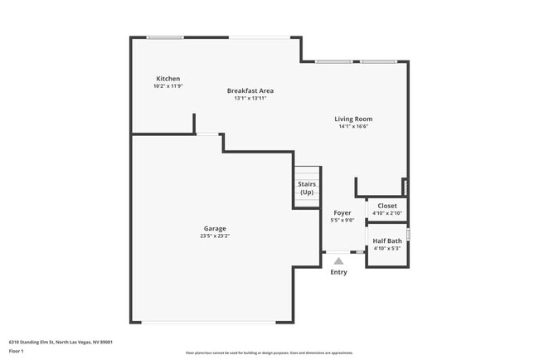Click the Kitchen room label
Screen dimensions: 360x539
pos(168,79)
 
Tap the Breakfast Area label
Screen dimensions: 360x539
pos(250,90)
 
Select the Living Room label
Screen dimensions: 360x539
pos(353,119)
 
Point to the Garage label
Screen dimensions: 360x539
pos(215,228)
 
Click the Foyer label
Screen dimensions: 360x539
pos(342,212)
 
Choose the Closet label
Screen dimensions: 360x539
pos(387,206)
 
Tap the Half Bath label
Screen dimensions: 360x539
pos(387,241)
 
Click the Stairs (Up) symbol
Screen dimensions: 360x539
pos(307,188)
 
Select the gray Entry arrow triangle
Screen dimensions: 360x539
pos(338,260)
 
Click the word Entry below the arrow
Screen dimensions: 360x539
pos(338,272)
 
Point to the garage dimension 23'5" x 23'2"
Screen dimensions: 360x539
pos(215,236)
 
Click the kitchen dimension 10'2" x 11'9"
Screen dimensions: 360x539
pos(168,86)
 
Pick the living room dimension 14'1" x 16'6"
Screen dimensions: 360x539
pos(353,127)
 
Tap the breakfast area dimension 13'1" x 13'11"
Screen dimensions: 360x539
pos(250,99)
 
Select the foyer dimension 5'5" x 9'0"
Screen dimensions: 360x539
pos(342,221)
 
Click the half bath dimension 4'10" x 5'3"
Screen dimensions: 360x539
pos(387,248)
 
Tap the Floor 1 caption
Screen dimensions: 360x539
pos(17,351)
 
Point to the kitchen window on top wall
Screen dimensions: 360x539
pos(165,37)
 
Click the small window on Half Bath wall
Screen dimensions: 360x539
pos(408,234)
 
